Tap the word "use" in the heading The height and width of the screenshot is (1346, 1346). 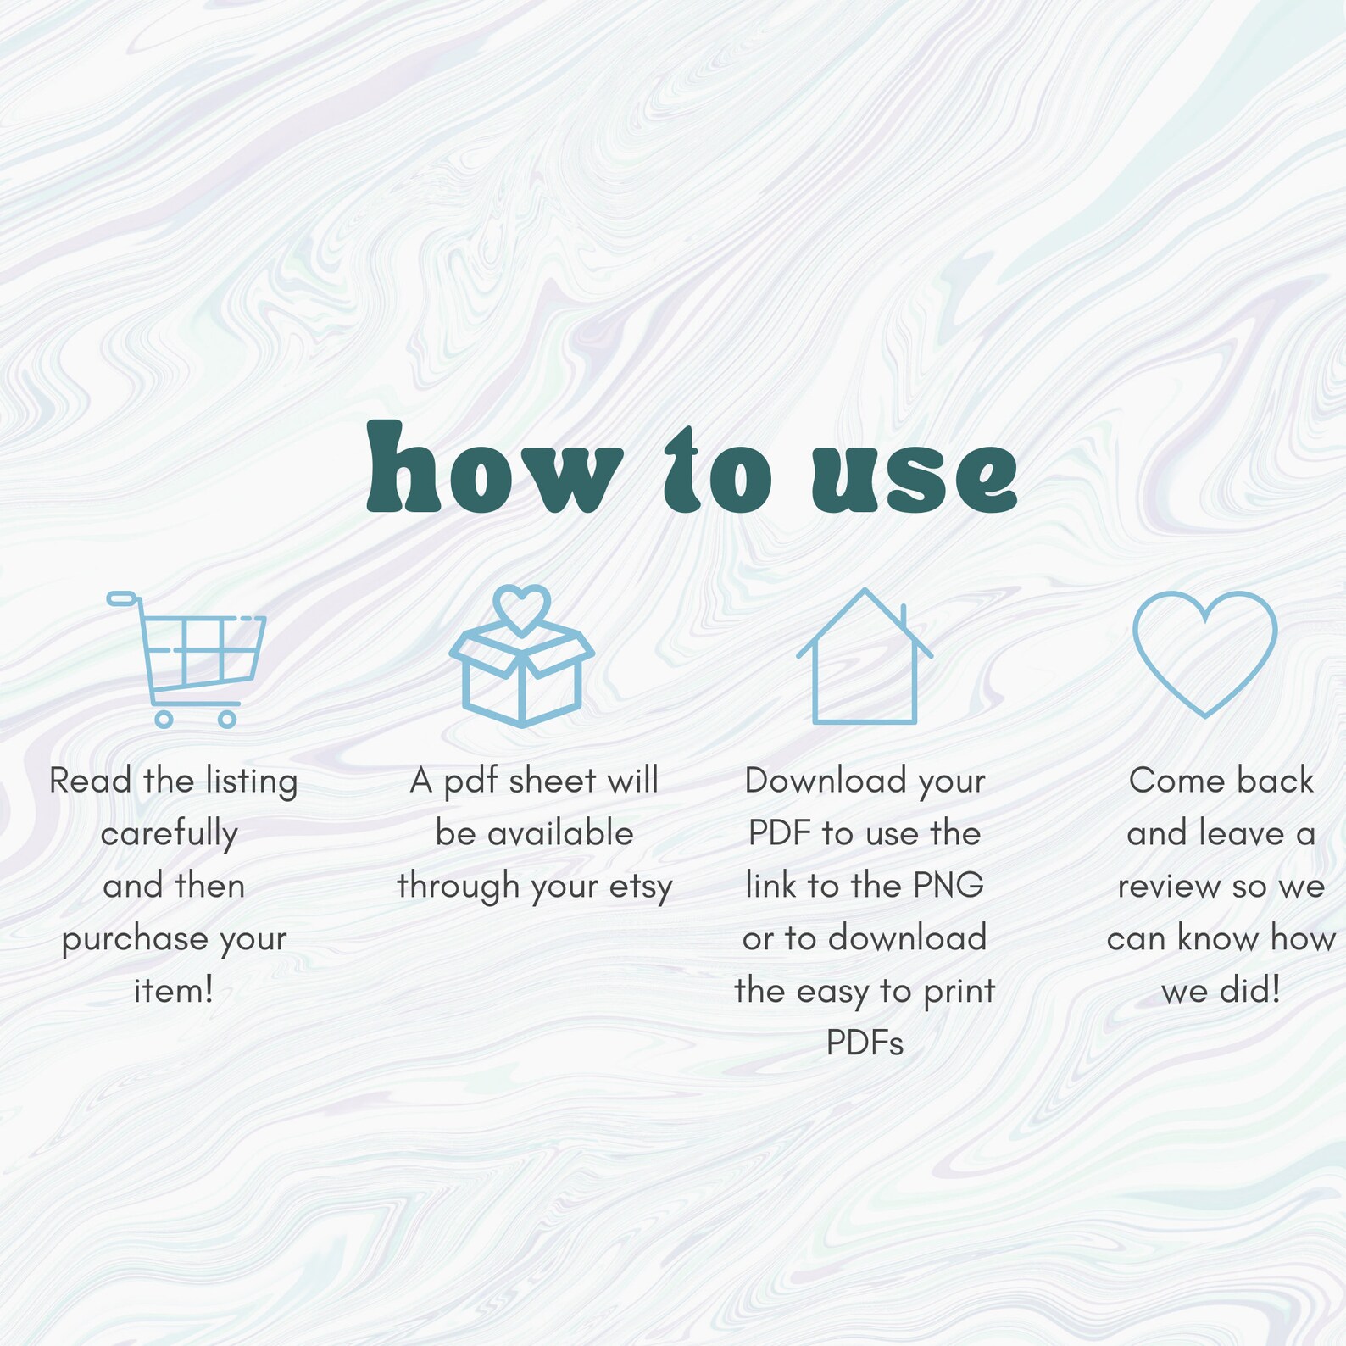[x=915, y=476]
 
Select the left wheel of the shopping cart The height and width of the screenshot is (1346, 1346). [x=164, y=720]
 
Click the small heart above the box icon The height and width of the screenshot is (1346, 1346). [x=522, y=609]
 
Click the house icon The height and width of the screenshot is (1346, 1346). [x=865, y=656]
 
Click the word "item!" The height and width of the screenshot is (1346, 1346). [x=174, y=990]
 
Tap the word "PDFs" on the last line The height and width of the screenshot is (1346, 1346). [x=865, y=1043]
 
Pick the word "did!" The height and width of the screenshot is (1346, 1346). [x=1250, y=990]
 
